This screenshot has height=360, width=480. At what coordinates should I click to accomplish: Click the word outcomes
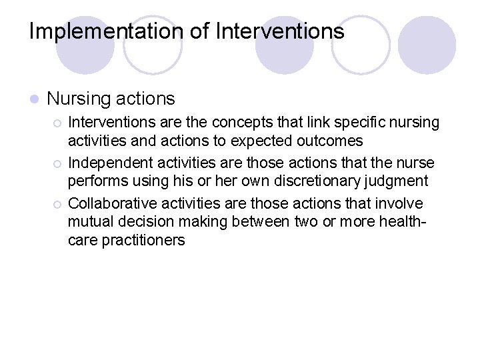(x=330, y=141)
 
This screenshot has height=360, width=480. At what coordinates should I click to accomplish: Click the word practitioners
(x=143, y=240)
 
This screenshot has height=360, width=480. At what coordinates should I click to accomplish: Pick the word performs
(x=95, y=181)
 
